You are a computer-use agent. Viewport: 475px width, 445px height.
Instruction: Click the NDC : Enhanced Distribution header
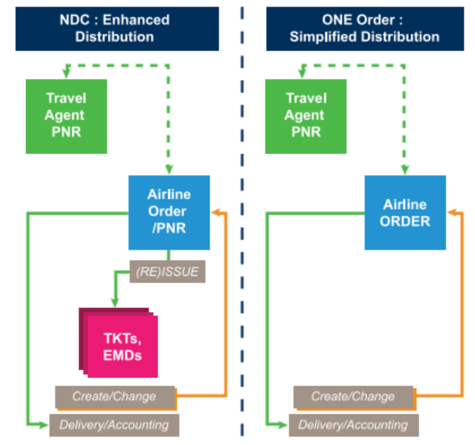click(116, 28)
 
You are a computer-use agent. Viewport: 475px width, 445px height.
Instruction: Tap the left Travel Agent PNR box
click(66, 116)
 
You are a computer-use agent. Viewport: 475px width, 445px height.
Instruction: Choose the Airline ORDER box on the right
click(406, 213)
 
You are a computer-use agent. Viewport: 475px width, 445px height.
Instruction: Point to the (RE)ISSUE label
click(168, 272)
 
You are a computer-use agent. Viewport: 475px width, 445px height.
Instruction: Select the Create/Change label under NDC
click(114, 396)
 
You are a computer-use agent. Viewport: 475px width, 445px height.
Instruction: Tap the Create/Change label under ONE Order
click(352, 396)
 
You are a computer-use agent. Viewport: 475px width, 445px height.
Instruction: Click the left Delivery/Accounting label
click(114, 425)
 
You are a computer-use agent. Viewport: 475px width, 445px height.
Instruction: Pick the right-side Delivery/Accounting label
click(352, 425)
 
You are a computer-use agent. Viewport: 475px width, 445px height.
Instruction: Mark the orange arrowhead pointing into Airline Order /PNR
click(216, 213)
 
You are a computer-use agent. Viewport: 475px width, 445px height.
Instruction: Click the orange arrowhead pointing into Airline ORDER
click(452, 213)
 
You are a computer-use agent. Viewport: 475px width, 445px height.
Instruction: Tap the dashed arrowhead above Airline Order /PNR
click(169, 169)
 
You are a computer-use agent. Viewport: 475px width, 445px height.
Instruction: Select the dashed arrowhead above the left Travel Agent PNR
click(67, 74)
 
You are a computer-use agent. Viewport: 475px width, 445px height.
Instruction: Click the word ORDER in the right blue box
click(406, 221)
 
